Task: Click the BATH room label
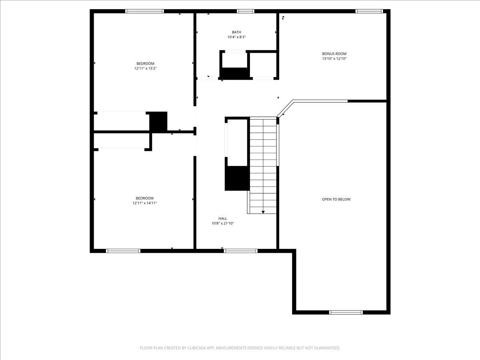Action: [x=236, y=32]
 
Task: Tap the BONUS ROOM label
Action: [x=334, y=54]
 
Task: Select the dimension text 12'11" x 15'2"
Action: [x=145, y=68]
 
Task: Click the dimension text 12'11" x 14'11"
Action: [x=144, y=203]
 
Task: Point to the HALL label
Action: [x=223, y=218]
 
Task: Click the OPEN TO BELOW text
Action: [x=336, y=199]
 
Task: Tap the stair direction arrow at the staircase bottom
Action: [x=263, y=212]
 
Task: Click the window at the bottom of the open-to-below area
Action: [x=346, y=312]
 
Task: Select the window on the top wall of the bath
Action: [x=246, y=11]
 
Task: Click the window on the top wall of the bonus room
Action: [x=370, y=11]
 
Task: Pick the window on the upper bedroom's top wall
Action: [x=145, y=11]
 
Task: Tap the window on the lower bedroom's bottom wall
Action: [x=123, y=251]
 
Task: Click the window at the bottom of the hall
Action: [x=240, y=251]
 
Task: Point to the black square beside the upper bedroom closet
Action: [x=158, y=121]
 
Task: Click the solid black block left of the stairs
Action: [x=237, y=178]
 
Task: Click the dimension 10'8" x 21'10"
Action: [x=223, y=224]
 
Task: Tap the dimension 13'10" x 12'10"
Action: [x=334, y=59]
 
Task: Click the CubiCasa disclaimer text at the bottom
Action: [x=240, y=348]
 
